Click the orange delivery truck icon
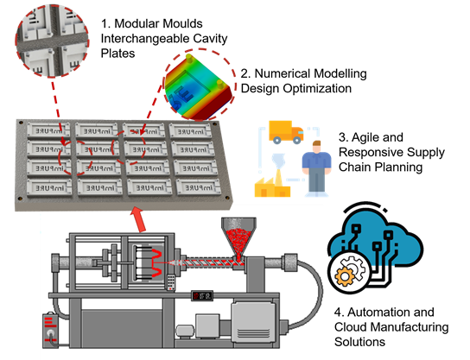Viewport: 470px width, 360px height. (x=286, y=132)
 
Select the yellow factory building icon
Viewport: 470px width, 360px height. (x=272, y=186)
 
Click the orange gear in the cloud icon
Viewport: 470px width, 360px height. (x=344, y=276)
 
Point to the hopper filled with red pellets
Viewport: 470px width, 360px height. (x=238, y=237)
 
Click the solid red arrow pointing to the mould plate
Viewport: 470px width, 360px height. (x=138, y=219)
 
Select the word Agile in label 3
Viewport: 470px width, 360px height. (x=365, y=138)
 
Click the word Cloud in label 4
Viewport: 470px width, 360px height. (x=351, y=327)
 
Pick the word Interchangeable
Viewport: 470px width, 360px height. (x=145, y=39)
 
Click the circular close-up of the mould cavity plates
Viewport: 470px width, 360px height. (x=52, y=41)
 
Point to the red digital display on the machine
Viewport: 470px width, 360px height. (x=202, y=296)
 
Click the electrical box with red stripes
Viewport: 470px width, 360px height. (x=50, y=330)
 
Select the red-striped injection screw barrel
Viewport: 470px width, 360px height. (x=212, y=262)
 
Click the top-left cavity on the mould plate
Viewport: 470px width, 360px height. (x=48, y=130)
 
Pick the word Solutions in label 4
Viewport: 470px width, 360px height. (x=359, y=342)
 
